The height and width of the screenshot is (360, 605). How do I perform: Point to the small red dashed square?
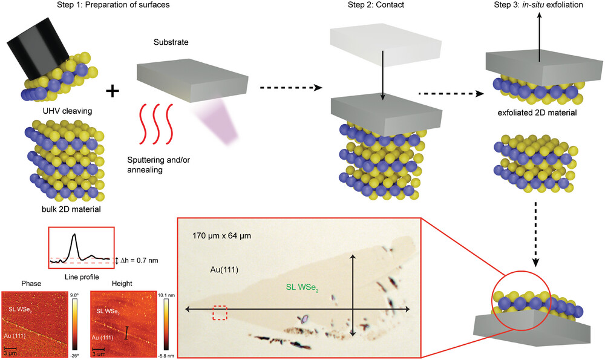point(220,313)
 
